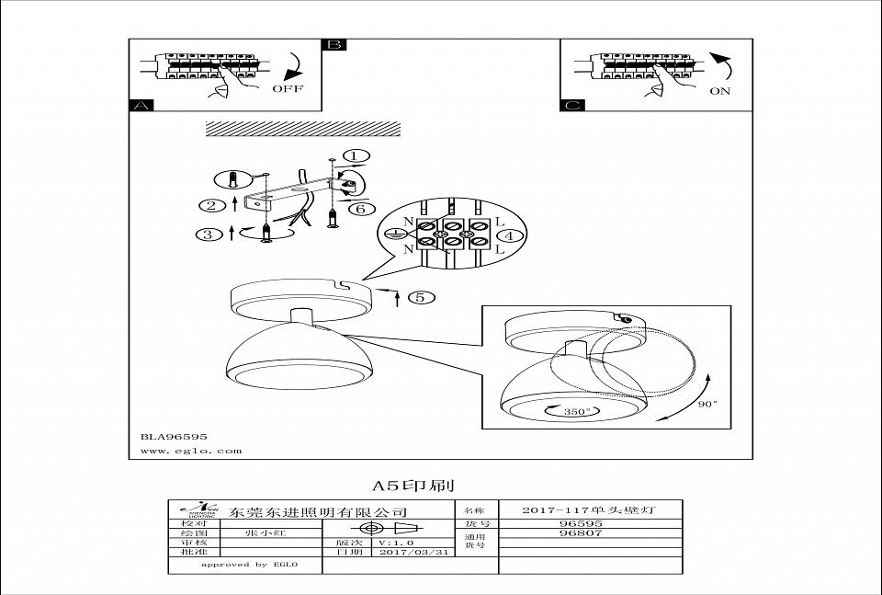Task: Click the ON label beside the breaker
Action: pos(719,91)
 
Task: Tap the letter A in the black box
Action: pos(140,107)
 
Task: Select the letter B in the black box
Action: pos(334,45)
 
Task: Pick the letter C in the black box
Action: pos(571,107)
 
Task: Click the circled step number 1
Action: pos(356,156)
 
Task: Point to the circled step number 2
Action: pos(211,205)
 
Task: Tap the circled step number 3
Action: pos(208,235)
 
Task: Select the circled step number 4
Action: pos(512,236)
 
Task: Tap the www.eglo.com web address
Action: pos(192,451)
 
